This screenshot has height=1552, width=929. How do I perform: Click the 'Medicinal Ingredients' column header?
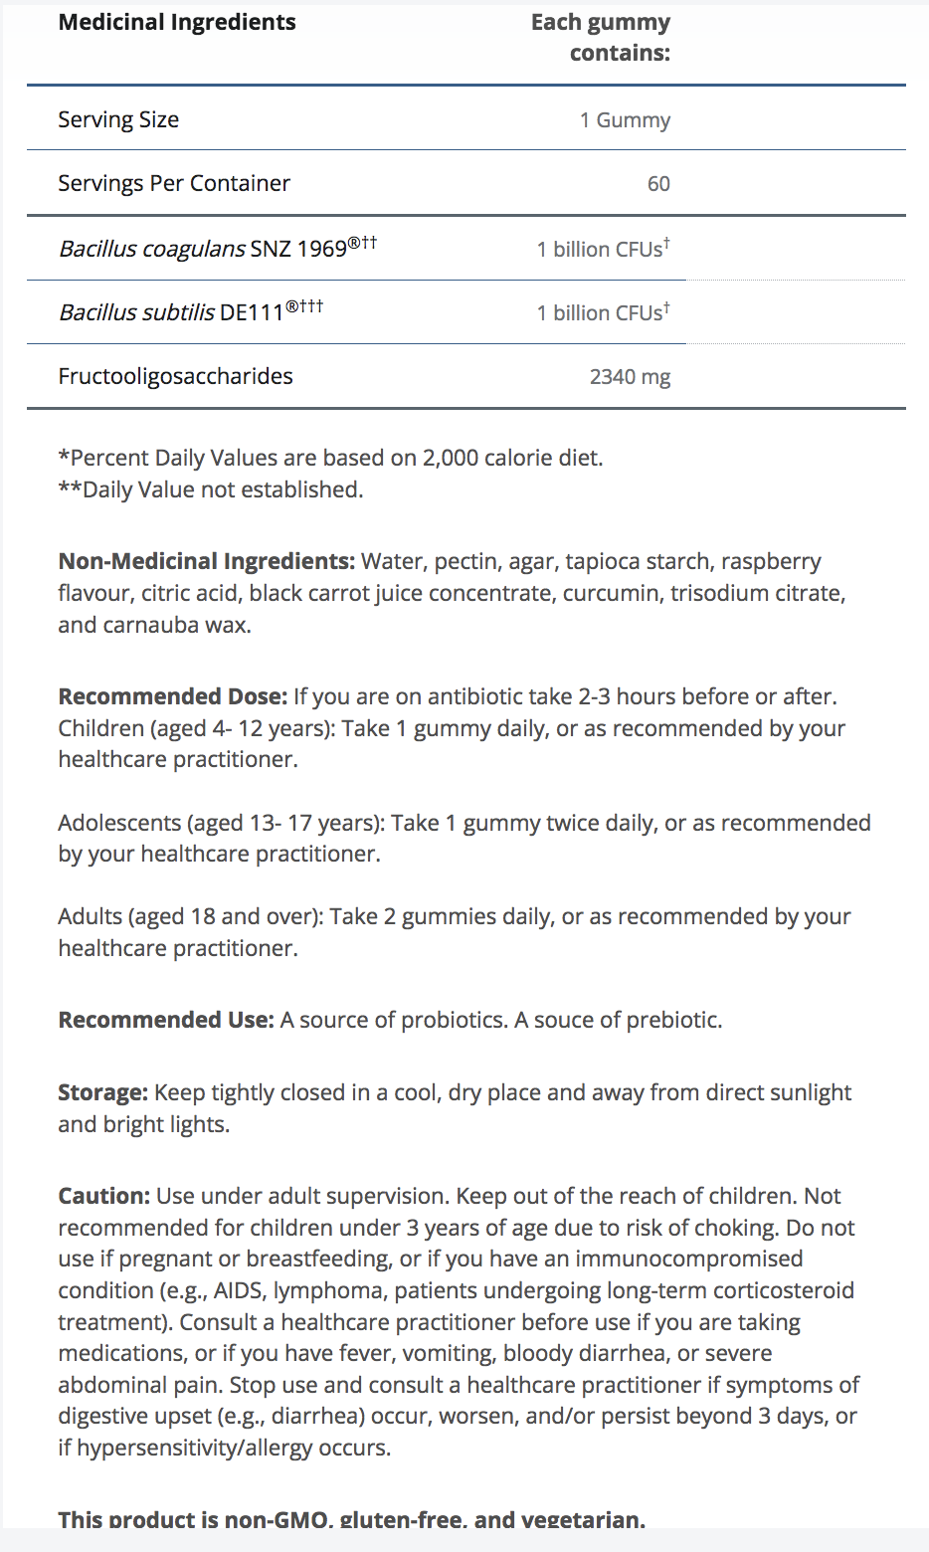pyautogui.click(x=177, y=22)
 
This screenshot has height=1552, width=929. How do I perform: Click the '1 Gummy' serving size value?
pyautogui.click(x=625, y=120)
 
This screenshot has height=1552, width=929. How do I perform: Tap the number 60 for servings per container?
pyautogui.click(x=658, y=184)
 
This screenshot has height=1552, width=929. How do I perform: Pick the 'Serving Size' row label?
pyautogui.click(x=118, y=119)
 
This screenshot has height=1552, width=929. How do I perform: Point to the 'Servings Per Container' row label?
pyautogui.click(x=174, y=183)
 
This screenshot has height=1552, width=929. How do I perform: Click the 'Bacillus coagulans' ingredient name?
pyautogui.click(x=152, y=249)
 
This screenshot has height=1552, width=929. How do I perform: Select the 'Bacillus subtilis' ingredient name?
pyautogui.click(x=136, y=312)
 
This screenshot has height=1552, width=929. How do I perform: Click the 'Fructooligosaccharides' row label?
pyautogui.click(x=175, y=376)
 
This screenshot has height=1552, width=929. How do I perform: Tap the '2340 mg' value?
pyautogui.click(x=630, y=377)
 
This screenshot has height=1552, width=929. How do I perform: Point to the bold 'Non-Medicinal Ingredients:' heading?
pyautogui.click(x=206, y=561)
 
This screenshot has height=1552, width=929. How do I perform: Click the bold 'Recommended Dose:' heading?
pyautogui.click(x=172, y=696)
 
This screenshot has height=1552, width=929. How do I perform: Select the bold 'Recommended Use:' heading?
pyautogui.click(x=165, y=1020)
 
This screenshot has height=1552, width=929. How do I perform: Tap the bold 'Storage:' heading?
pyautogui.click(x=102, y=1092)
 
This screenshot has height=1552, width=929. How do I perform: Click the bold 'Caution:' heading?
pyautogui.click(x=103, y=1196)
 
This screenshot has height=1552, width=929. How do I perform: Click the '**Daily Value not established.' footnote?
pyautogui.click(x=211, y=489)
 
